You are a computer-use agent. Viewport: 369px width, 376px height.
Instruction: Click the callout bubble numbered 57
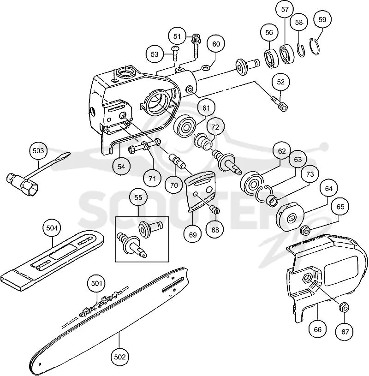[285, 10]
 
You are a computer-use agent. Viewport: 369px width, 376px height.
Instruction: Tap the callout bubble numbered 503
[38, 151]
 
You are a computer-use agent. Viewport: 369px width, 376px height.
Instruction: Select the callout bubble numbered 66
[318, 329]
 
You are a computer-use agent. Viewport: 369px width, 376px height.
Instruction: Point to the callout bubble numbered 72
[215, 127]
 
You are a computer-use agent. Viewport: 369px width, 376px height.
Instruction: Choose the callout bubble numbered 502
[119, 357]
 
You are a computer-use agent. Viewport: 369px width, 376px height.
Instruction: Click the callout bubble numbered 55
[138, 197]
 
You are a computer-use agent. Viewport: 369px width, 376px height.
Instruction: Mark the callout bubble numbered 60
[216, 44]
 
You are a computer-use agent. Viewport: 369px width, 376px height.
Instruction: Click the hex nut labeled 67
[344, 308]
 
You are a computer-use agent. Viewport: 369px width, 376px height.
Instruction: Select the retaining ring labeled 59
[315, 47]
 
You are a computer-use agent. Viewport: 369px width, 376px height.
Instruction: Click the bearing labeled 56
[271, 58]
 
